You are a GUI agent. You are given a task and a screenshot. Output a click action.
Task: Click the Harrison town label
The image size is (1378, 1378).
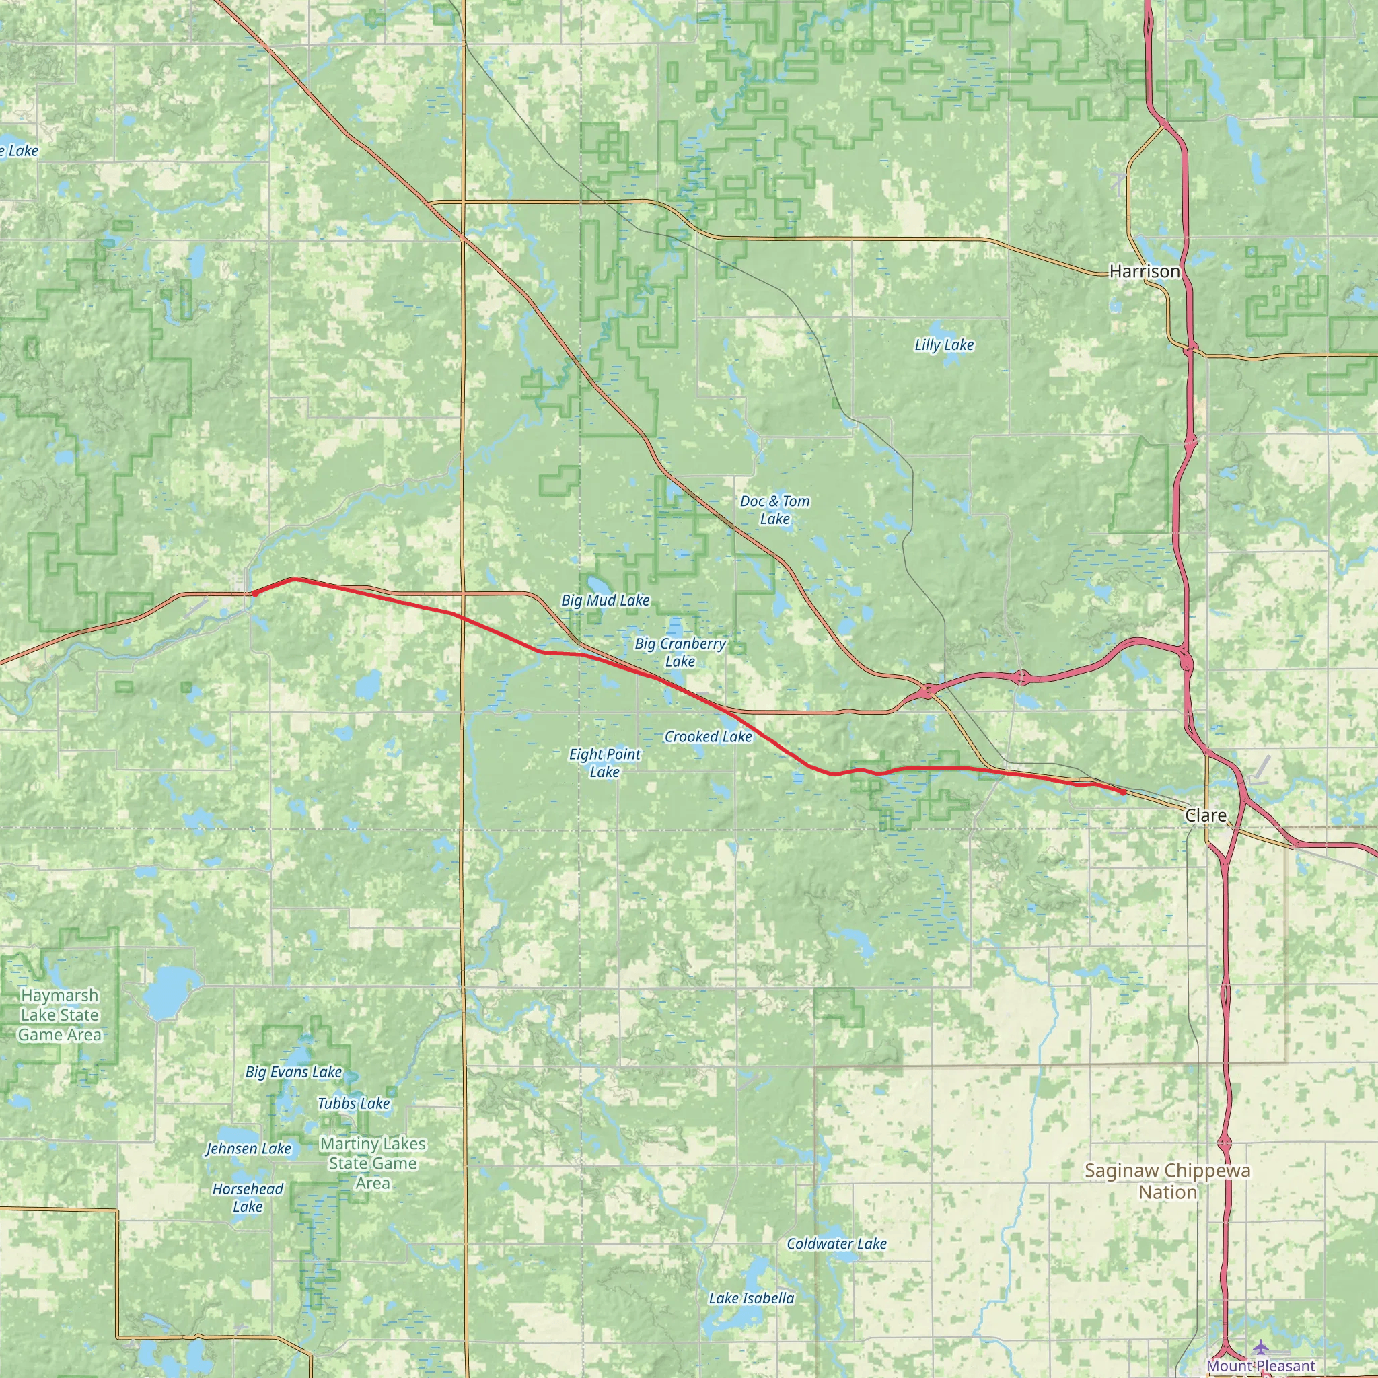click(x=1144, y=271)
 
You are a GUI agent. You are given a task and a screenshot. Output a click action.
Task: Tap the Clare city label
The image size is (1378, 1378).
click(x=1205, y=815)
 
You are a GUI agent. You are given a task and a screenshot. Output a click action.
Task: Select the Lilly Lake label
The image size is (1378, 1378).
click(x=943, y=345)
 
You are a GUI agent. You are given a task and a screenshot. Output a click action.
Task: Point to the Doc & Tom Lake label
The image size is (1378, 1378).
click(x=774, y=510)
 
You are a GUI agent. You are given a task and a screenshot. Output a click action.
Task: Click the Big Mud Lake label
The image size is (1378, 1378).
click(x=605, y=601)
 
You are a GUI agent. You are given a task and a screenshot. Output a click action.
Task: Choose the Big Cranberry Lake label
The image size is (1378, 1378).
click(x=680, y=653)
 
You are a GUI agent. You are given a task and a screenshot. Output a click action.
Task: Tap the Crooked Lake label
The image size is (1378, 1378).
click(x=708, y=737)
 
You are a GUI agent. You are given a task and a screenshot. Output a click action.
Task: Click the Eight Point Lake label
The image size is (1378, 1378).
click(x=604, y=762)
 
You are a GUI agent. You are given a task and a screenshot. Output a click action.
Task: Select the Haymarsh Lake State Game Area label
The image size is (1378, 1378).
click(x=60, y=1015)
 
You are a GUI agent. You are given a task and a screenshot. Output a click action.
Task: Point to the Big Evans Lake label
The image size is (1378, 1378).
click(x=293, y=1072)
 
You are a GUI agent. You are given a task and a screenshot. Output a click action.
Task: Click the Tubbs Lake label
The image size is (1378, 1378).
click(x=353, y=1103)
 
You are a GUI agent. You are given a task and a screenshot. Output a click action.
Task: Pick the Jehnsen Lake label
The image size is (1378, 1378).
click(x=248, y=1149)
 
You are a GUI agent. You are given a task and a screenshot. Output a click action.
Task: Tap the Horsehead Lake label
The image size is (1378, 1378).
click(x=248, y=1198)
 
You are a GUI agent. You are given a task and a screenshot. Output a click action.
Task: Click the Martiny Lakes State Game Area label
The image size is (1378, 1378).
click(x=372, y=1163)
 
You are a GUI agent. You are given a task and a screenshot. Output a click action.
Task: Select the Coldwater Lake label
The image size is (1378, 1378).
click(x=836, y=1244)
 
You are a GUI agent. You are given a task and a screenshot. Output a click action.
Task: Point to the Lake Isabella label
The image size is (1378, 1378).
click(x=751, y=1298)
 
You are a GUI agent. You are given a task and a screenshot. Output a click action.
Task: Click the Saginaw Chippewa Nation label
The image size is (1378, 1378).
click(x=1167, y=1181)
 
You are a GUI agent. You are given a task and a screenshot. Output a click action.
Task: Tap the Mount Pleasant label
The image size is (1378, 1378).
click(x=1260, y=1366)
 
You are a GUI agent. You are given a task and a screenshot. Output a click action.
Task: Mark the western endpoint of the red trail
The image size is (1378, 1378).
click(x=254, y=593)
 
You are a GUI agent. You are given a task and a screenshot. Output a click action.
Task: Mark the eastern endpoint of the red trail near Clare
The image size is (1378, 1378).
click(x=1123, y=792)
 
